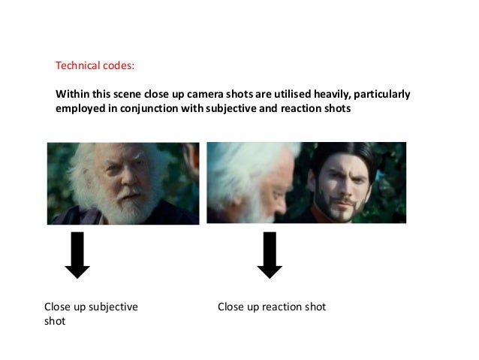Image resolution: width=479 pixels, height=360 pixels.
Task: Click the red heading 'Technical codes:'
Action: [95, 65]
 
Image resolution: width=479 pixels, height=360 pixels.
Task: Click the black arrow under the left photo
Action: [77, 255]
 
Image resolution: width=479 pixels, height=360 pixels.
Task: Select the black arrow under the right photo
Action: [268, 255]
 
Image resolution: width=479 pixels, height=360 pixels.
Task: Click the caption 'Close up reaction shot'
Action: [271, 307]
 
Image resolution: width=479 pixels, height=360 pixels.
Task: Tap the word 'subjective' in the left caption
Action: [114, 307]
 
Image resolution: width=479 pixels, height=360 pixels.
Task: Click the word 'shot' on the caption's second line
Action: [55, 321]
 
